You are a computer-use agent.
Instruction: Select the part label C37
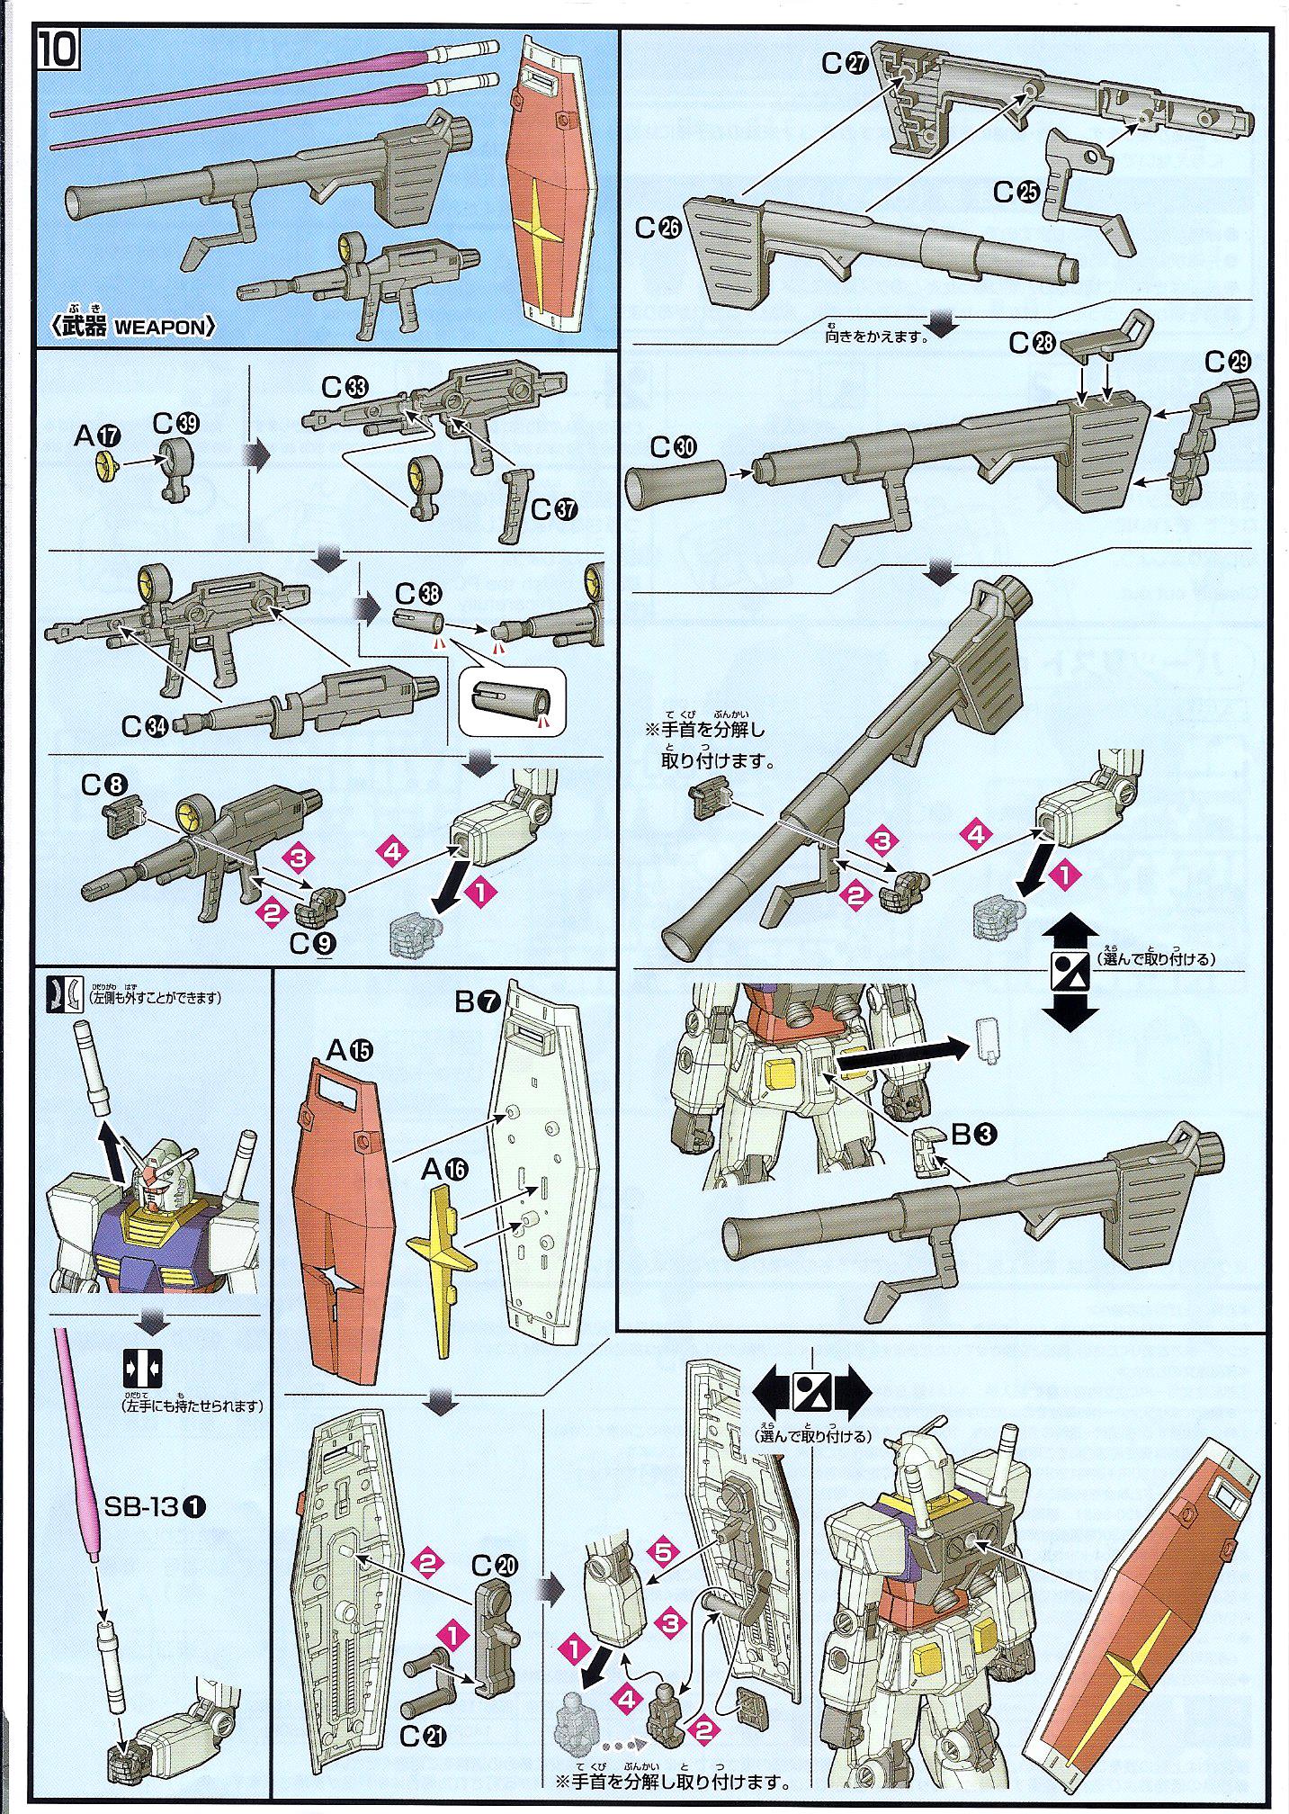tap(553, 509)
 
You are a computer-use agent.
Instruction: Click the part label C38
tap(418, 594)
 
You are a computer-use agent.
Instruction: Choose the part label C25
tap(1016, 192)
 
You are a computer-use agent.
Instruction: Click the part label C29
tap(1228, 363)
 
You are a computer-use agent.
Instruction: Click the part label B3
tap(973, 1135)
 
